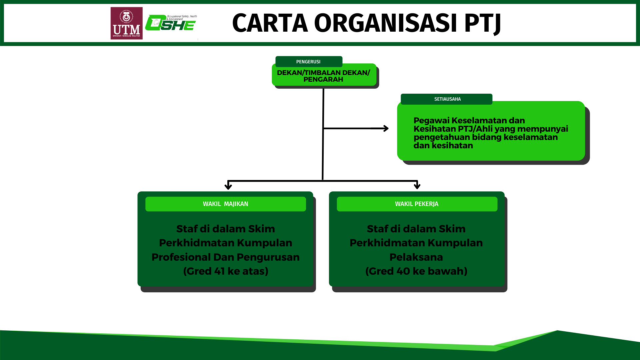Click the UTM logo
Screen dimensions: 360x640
coord(126,23)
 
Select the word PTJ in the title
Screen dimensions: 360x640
coord(482,23)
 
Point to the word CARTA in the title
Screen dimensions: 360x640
coord(270,23)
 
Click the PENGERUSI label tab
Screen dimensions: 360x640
coord(308,62)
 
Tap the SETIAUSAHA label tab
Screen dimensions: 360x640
coord(447,99)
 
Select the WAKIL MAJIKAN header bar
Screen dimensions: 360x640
coord(225,204)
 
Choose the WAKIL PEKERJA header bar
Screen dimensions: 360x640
coord(417,204)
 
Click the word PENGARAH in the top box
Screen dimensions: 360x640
coord(323,80)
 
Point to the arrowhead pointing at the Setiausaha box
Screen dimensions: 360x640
coord(386,128)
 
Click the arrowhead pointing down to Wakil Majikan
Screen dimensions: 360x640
coord(228,186)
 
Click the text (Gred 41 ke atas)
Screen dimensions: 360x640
coord(226,271)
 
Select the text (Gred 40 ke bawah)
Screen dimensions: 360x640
coord(416,271)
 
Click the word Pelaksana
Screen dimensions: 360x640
coord(416,257)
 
